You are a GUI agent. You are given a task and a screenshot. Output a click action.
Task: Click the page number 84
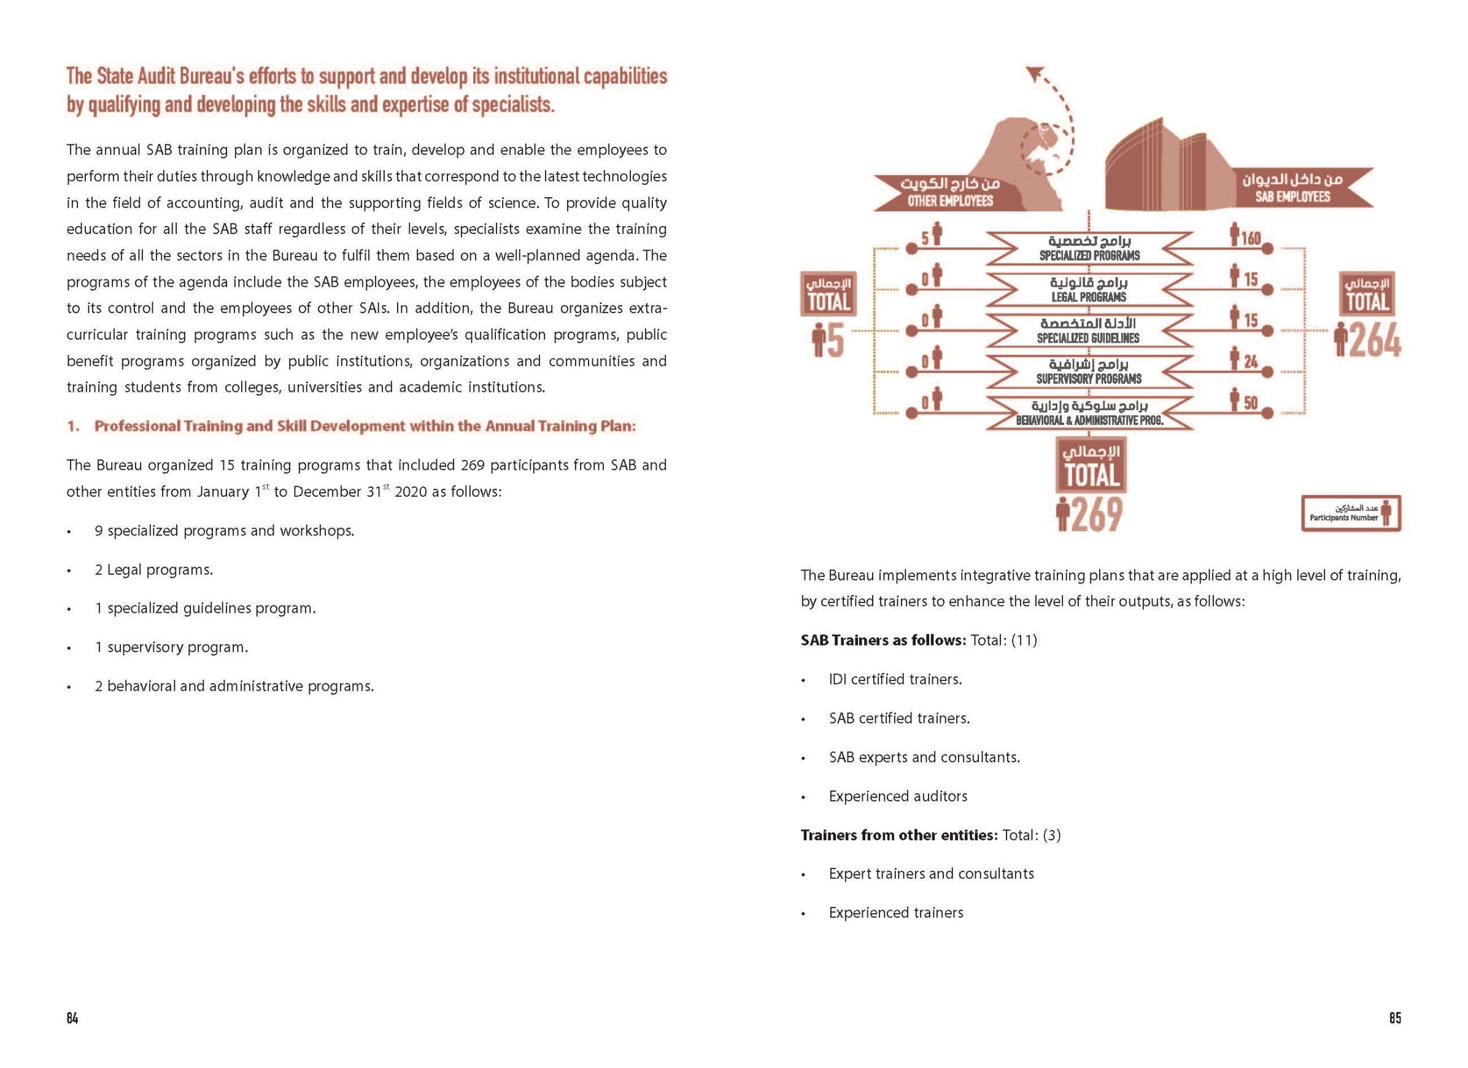click(72, 1018)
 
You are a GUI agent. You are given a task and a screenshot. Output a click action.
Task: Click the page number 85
click(1395, 1018)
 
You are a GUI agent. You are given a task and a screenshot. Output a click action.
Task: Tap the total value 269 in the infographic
click(1097, 515)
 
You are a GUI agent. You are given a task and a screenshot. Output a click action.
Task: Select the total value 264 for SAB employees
click(1375, 341)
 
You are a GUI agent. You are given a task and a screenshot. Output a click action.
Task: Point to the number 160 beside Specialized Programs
click(1251, 238)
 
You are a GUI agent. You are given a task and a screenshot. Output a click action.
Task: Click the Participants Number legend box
click(1351, 513)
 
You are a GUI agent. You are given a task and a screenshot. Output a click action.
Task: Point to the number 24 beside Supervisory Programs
click(1251, 361)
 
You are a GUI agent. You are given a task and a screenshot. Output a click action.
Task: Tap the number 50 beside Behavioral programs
click(1251, 403)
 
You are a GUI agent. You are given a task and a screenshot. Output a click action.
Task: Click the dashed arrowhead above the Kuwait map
click(1033, 76)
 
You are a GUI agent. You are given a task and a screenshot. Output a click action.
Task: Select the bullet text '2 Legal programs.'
click(153, 570)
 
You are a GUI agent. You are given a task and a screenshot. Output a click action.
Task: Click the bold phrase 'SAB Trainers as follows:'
click(883, 641)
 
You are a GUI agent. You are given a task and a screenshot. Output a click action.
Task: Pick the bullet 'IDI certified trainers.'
click(895, 679)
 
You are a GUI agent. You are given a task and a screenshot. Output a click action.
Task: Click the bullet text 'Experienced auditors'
click(898, 796)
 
